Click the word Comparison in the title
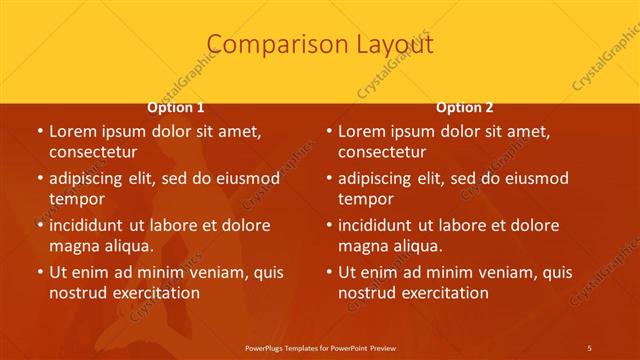tap(266, 45)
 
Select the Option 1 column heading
tap(176, 107)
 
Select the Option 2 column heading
tap(465, 107)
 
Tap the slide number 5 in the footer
tap(590, 346)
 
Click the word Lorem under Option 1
tap(72, 131)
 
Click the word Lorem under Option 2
tap(361, 131)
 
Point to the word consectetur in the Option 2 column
tap(382, 152)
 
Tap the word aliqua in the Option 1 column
tap(128, 245)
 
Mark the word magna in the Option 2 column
tap(362, 245)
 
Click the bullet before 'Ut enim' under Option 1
tap(39, 272)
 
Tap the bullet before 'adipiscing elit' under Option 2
tap(328, 178)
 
